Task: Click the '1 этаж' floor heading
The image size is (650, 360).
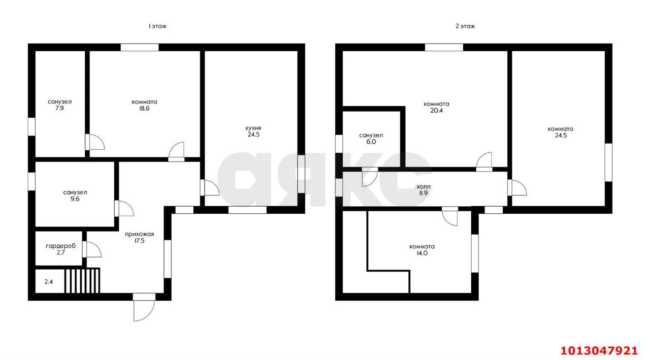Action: coord(157,26)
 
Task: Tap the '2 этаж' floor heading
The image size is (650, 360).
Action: coord(465,26)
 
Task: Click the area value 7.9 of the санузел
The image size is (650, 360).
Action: coord(59,108)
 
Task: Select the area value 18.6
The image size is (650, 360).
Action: coord(144,109)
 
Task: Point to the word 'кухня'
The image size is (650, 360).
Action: coord(253,128)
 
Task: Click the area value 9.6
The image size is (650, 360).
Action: coord(75,199)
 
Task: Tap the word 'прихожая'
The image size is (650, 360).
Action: coord(139,235)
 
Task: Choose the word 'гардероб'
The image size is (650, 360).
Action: coord(60,246)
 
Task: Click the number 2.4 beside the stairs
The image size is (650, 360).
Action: coord(48,282)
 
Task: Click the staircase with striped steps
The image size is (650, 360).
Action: coord(82,280)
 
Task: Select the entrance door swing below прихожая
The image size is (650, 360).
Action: coord(144,310)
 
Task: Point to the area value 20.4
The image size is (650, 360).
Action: coord(436,111)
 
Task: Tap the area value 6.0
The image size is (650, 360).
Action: coord(371,142)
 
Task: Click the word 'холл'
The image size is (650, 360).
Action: coord(424,186)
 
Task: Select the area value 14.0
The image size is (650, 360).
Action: coord(422,253)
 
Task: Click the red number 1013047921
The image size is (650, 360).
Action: coord(599,351)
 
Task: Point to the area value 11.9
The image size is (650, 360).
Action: coord(424,193)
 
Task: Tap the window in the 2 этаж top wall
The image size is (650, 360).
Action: coord(444,47)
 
